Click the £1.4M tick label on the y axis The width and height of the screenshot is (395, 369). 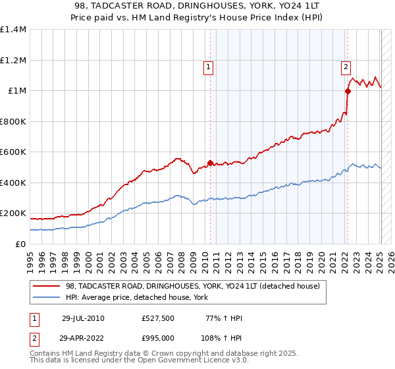(x=13, y=30)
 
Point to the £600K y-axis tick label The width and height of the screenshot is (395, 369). (x=13, y=152)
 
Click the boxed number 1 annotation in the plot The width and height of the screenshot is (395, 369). (x=209, y=66)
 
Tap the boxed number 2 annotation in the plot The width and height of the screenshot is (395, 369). (x=346, y=66)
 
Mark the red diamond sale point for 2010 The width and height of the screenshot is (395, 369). (x=210, y=163)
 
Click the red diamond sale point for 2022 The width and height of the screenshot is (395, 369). (x=348, y=92)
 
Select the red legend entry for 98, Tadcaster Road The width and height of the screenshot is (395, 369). (x=192, y=286)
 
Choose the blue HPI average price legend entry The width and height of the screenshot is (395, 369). (x=136, y=298)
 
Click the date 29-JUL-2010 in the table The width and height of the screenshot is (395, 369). (x=83, y=318)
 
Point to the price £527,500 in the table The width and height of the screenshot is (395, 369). (x=157, y=318)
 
